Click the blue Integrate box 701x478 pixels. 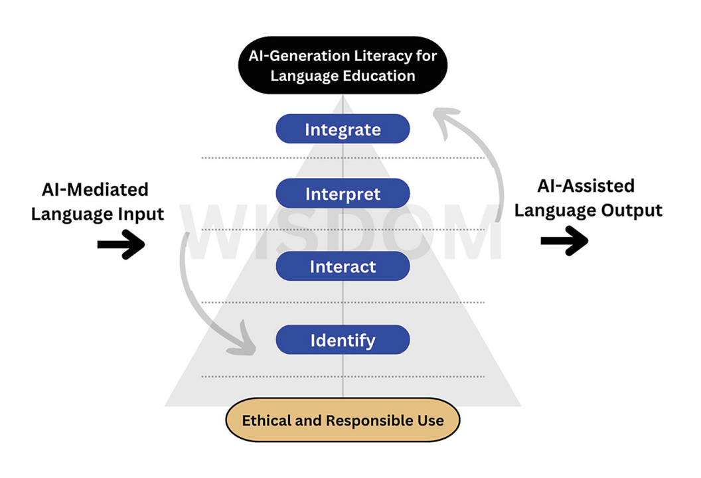[x=343, y=129]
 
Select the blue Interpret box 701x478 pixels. [x=343, y=194]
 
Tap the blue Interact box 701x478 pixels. [x=343, y=266]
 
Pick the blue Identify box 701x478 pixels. [x=343, y=340]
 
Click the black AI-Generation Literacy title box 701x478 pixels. [x=343, y=65]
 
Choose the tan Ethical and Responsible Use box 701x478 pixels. [x=343, y=420]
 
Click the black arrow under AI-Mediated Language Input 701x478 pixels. [x=121, y=245]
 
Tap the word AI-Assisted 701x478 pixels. [x=585, y=186]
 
